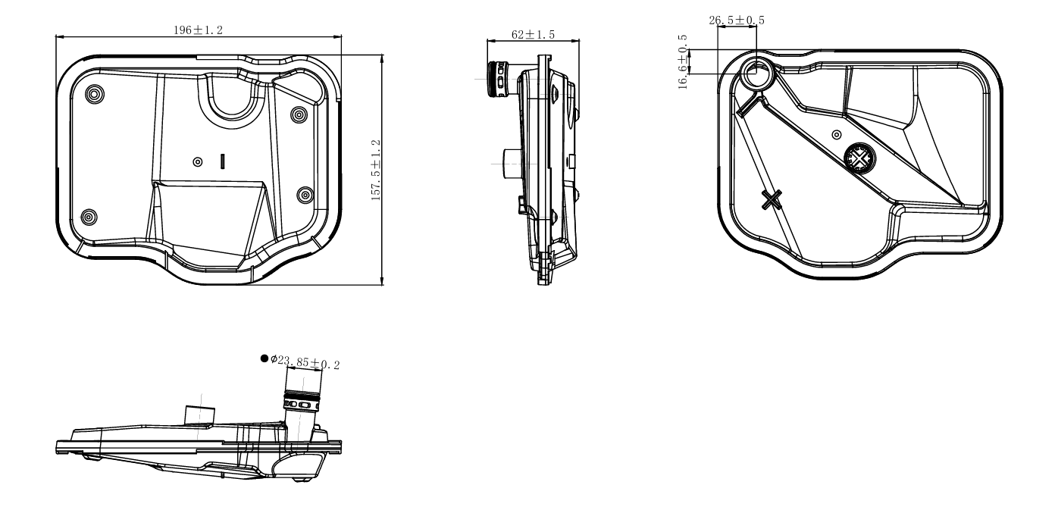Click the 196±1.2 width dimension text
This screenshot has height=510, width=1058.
pos(198,30)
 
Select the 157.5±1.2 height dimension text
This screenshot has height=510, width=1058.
pos(376,170)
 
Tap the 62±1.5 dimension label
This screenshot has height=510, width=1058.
pos(533,34)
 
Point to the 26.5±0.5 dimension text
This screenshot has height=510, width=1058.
pos(737,20)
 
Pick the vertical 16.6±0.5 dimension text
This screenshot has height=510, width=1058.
pos(683,62)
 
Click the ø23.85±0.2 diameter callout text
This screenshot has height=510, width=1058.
pos(305,362)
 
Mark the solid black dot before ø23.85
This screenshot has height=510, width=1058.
pos(264,358)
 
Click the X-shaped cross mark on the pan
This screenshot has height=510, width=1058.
pos(772,200)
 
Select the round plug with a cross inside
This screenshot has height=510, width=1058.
pos(859,158)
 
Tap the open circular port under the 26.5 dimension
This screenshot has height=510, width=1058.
pos(758,74)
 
